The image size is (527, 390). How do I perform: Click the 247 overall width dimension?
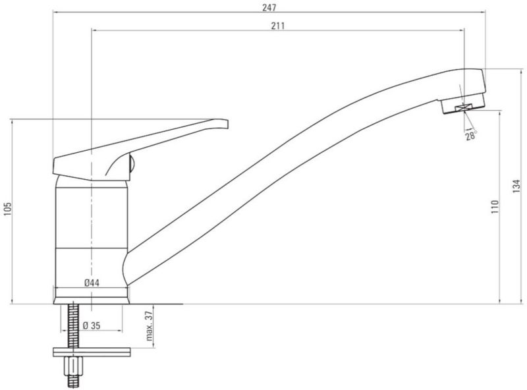click(269, 7)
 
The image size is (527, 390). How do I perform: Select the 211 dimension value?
click(278, 26)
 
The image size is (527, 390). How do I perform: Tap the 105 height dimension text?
click(8, 209)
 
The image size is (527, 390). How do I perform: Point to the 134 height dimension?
click(516, 186)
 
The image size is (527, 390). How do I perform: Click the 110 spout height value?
click(495, 207)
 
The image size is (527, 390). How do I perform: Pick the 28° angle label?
click(471, 136)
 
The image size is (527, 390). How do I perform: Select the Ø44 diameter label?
click(92, 283)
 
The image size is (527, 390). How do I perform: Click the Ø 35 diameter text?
click(92, 325)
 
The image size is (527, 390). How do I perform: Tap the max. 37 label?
click(150, 326)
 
